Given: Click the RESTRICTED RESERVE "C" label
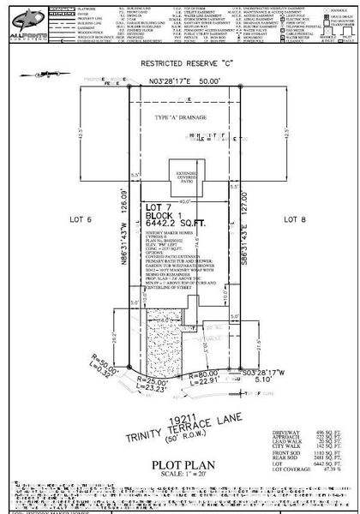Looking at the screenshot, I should point(179,63).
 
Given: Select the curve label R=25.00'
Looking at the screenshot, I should point(161,379).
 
